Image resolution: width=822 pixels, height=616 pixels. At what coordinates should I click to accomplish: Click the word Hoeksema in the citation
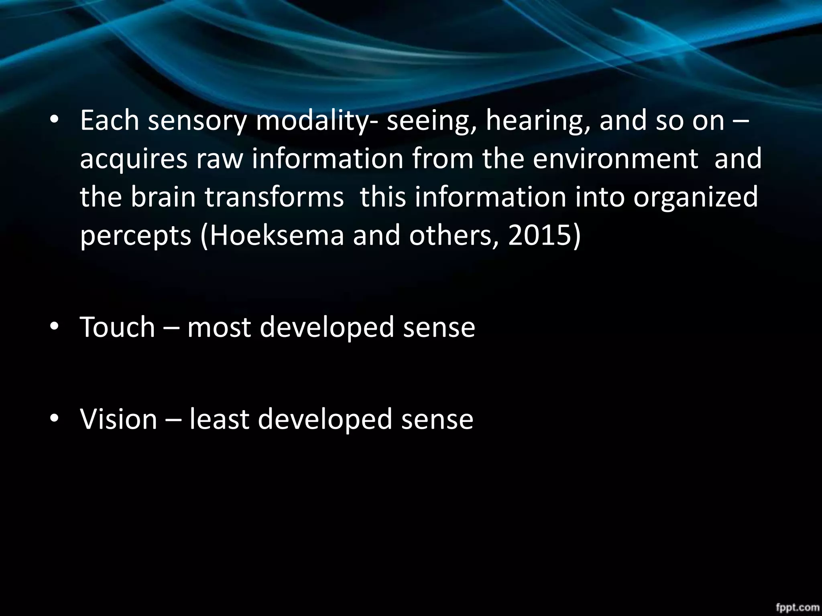point(277,235)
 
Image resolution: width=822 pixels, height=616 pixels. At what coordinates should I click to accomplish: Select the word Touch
point(117,327)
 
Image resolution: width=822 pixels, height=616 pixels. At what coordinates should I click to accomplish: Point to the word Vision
point(118,419)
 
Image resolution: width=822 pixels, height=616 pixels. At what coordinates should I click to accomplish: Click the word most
point(219,327)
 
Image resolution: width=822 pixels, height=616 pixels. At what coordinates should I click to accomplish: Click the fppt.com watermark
point(797,607)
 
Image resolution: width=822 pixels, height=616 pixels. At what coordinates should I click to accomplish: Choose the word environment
point(616,159)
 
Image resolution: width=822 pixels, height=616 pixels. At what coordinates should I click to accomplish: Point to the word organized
point(696,197)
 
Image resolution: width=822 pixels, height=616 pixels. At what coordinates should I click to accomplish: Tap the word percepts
point(136,235)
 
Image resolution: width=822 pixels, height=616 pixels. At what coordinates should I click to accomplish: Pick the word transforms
point(274,197)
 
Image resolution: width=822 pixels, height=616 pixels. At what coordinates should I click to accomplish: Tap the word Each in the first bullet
point(110,120)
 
